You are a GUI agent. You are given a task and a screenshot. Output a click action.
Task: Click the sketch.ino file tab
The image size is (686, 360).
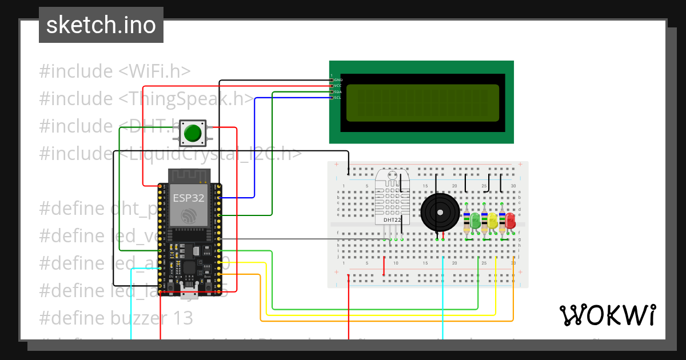click(101, 25)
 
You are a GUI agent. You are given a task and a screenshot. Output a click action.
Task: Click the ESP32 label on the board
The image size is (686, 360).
click(186, 198)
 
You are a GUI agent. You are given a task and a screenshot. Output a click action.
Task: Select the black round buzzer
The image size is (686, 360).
click(440, 212)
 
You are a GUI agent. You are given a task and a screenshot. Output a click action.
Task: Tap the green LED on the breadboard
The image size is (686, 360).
click(475, 219)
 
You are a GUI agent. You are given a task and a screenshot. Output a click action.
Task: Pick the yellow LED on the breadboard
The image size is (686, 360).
click(492, 219)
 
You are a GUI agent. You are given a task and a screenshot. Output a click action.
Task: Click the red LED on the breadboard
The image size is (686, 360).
click(510, 219)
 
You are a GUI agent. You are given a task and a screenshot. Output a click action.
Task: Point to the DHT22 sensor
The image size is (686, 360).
click(392, 197)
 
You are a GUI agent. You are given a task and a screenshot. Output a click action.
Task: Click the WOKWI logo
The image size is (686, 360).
click(607, 315)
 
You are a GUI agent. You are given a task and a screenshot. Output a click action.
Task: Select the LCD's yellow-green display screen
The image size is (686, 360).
click(422, 103)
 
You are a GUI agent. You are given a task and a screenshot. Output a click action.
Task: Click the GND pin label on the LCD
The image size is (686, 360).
click(338, 79)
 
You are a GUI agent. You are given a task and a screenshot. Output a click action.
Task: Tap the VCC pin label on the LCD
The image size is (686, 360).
click(338, 86)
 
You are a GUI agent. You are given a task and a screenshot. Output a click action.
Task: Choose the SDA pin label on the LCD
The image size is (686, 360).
click(338, 91)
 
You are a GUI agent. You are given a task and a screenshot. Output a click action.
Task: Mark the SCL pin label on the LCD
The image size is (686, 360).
click(338, 98)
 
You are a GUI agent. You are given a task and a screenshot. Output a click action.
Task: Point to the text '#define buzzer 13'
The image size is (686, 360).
click(116, 317)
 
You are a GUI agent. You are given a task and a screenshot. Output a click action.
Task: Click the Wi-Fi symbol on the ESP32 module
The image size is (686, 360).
click(187, 216)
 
